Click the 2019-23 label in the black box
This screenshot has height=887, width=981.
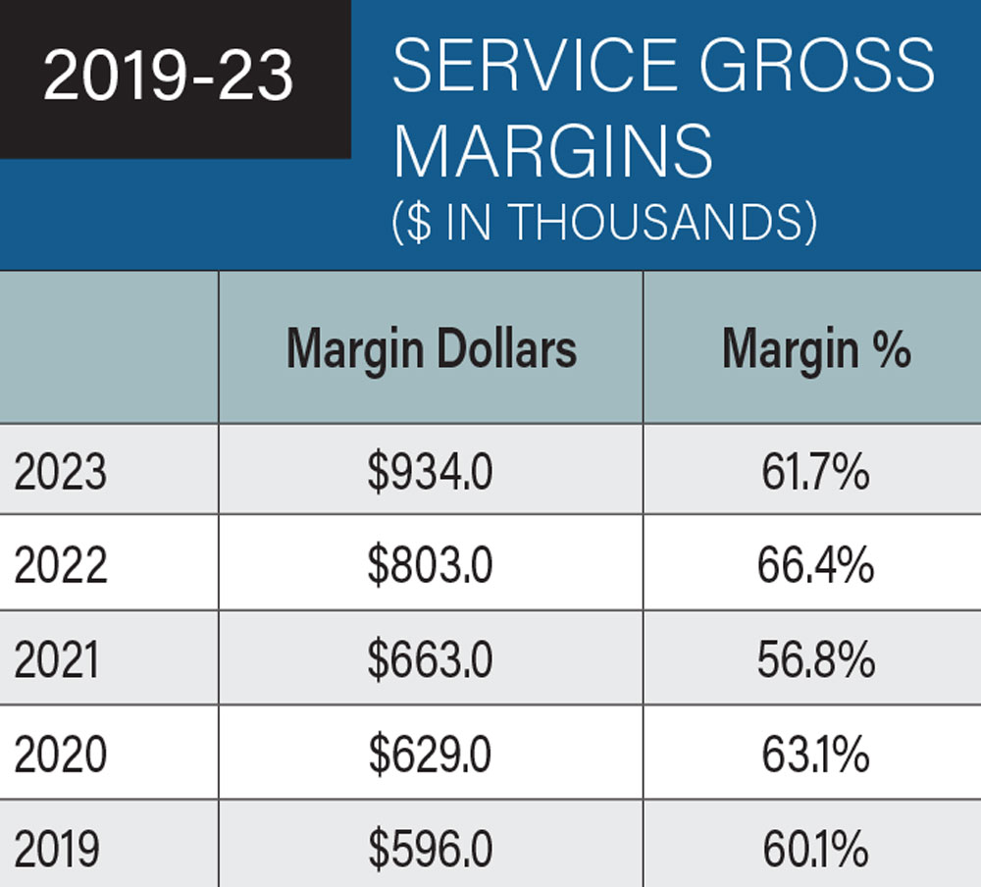[x=169, y=78]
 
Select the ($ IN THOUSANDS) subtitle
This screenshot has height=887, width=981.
[x=604, y=223]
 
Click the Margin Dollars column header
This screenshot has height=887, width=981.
[x=431, y=348]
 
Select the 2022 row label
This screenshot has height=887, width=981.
[x=60, y=567]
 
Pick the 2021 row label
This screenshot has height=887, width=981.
[x=57, y=660]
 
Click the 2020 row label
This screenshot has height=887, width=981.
[x=60, y=755]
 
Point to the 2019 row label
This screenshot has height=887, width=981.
[x=57, y=849]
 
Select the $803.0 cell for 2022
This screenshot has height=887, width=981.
[x=431, y=567]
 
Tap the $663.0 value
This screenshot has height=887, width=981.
[x=431, y=660]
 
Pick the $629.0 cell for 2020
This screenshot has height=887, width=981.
[x=431, y=755]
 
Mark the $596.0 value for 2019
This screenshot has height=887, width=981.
[x=431, y=849]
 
